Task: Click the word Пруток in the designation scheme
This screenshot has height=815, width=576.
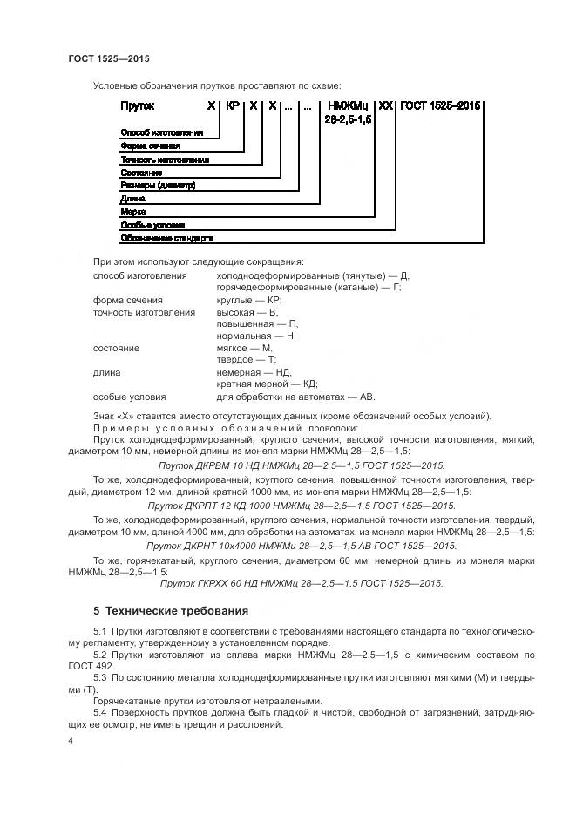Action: [137, 105]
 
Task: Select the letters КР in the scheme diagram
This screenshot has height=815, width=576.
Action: [232, 105]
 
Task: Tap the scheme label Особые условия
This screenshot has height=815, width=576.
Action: [152, 225]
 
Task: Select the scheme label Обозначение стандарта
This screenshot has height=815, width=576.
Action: [166, 238]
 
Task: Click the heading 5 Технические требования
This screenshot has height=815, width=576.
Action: [171, 610]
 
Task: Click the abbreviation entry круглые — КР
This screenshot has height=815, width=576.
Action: [248, 299]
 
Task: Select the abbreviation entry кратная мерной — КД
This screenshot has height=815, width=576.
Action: [267, 384]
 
